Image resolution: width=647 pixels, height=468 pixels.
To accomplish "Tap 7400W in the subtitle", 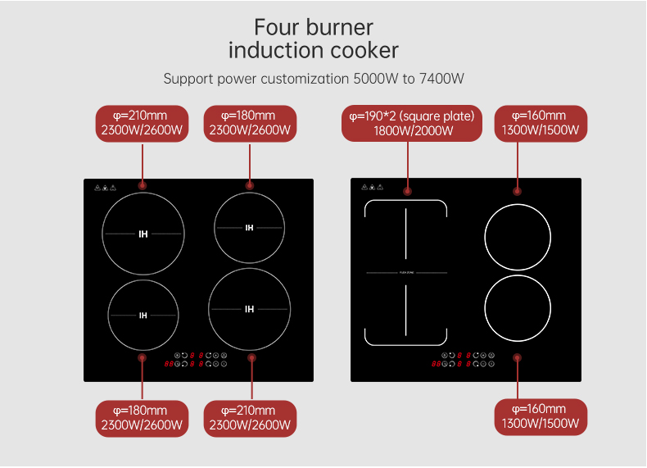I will (x=441, y=79).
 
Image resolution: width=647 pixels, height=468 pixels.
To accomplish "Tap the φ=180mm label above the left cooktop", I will (x=250, y=123).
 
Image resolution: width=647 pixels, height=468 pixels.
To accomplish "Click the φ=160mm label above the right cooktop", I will (x=540, y=123).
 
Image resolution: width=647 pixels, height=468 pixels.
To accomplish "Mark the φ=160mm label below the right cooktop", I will (x=540, y=417).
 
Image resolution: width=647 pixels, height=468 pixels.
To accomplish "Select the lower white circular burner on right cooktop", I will (x=518, y=308).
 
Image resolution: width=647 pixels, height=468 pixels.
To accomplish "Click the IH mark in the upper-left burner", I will (x=143, y=234).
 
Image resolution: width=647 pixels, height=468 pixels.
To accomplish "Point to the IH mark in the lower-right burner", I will (x=250, y=309).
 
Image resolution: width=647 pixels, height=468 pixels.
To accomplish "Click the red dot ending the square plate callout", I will (x=407, y=191).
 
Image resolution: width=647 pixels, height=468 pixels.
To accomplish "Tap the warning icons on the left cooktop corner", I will (x=105, y=188).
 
